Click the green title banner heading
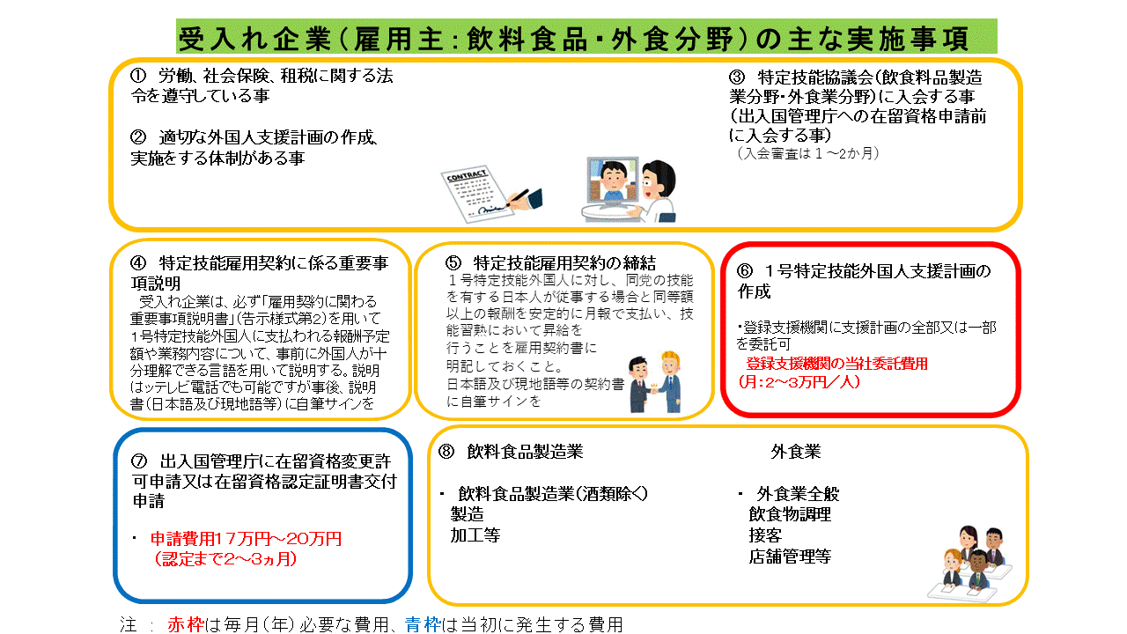coord(586,37)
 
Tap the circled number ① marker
coord(138,76)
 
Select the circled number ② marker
coord(138,137)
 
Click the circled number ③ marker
coord(737,77)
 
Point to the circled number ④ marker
coord(138,262)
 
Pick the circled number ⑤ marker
coord(453,262)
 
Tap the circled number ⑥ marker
coord(745,271)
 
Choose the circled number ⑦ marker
coord(139,461)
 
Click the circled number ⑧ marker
coord(446,452)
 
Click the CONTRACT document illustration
coord(490,194)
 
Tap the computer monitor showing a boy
coord(611,184)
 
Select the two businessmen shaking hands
coord(656,382)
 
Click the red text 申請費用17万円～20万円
coord(246,539)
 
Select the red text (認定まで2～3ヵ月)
coord(225,559)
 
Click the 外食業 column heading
coord(795,452)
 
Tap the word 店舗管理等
coord(790,557)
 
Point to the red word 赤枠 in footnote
coord(186,624)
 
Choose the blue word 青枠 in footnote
coord(424,624)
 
